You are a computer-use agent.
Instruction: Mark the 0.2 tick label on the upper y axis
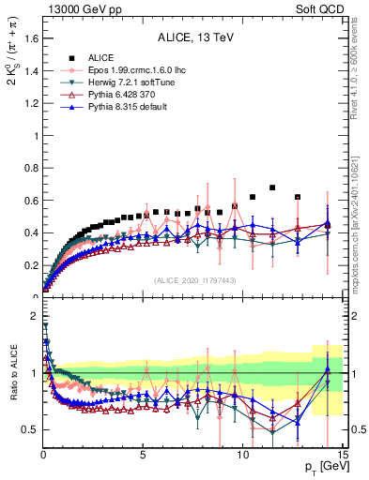30,265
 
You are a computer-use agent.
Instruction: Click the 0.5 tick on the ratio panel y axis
30,429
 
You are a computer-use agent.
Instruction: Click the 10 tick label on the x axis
242,456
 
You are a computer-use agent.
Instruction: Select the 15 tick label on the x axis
342,456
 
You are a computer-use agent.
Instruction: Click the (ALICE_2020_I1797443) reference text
193,281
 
